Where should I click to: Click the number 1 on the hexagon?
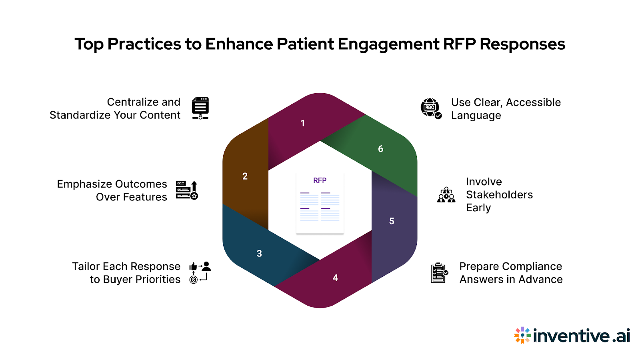tap(303, 123)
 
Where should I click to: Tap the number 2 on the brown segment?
tap(245, 176)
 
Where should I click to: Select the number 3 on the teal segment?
tap(259, 254)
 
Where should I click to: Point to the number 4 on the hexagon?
tap(335, 278)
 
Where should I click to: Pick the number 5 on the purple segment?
tap(392, 221)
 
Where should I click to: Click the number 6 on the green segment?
tap(380, 149)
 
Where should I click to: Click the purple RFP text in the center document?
tap(320, 180)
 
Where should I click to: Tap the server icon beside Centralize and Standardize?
tap(200, 108)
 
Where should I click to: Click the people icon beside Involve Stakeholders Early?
tap(446, 195)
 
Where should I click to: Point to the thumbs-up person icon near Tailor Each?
tap(200, 272)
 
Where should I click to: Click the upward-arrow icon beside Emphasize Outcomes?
tap(187, 190)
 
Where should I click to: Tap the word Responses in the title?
tap(522, 44)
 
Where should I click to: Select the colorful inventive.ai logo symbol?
tap(522, 335)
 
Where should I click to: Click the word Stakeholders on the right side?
tap(499, 195)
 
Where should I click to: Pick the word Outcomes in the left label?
tap(140, 184)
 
